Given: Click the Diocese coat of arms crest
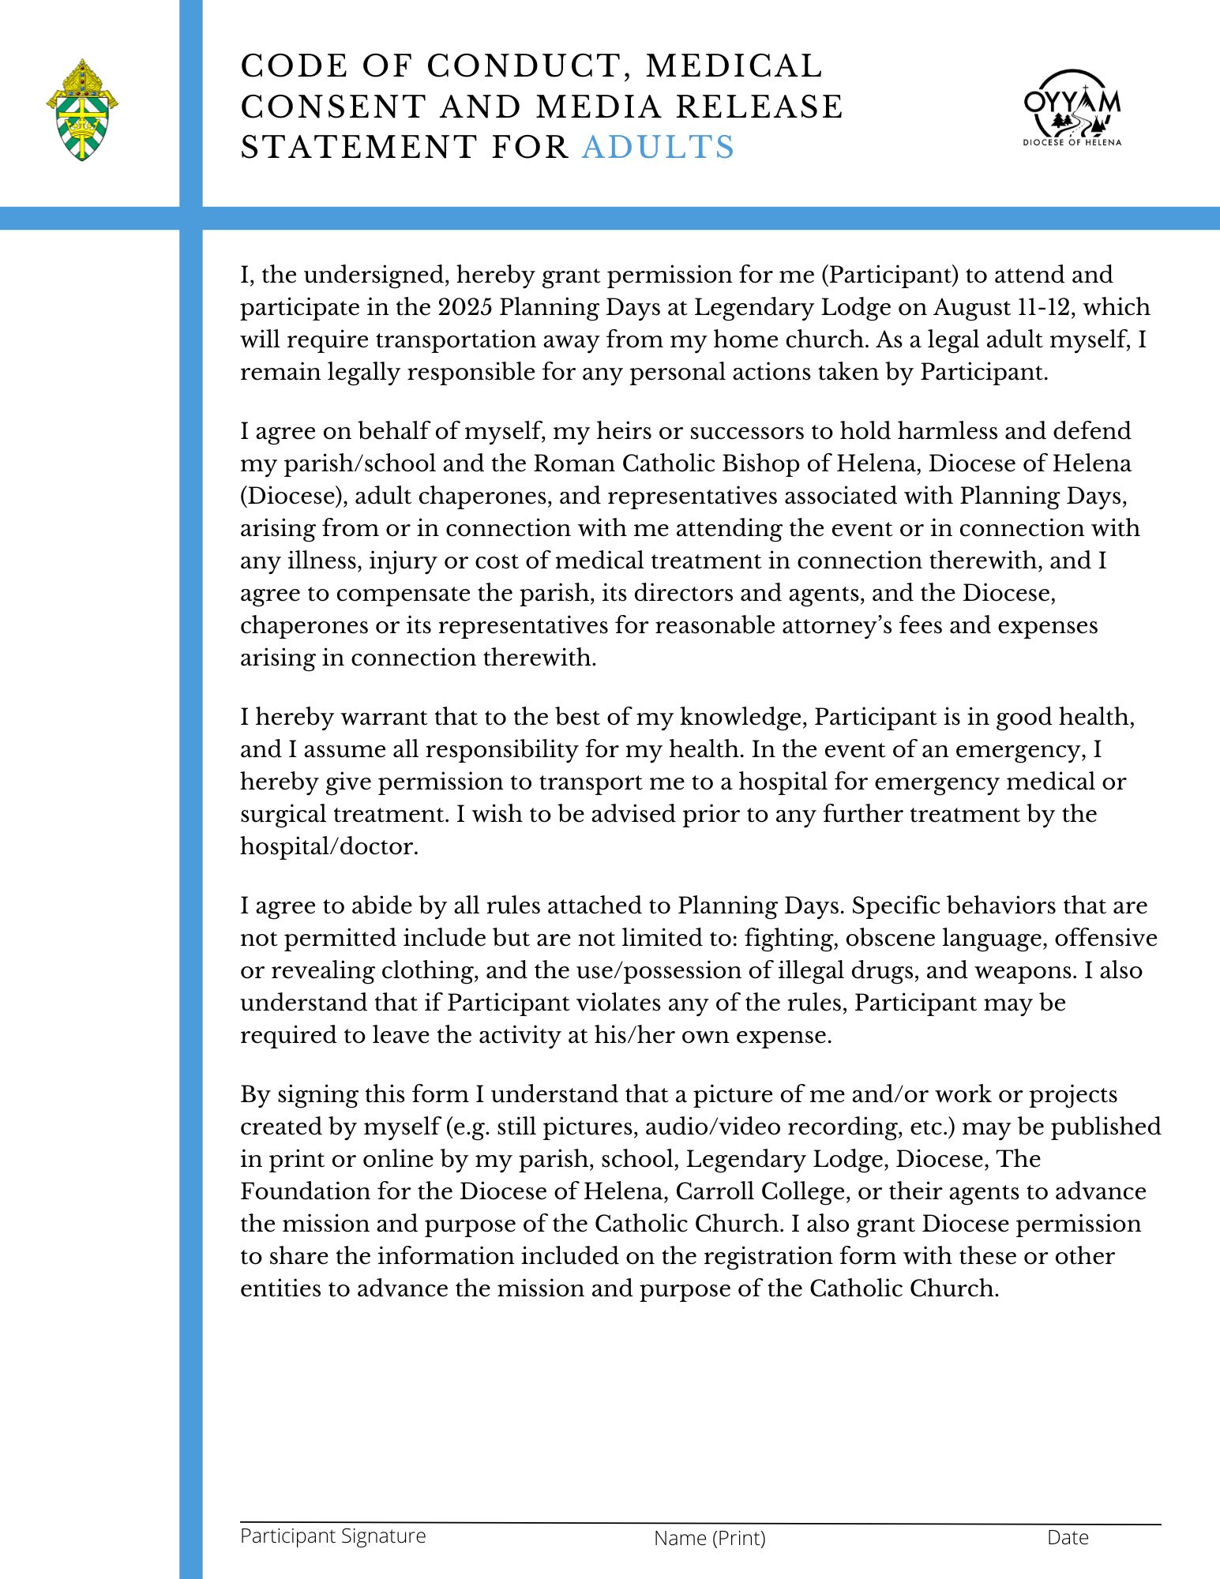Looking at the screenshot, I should tap(82, 111).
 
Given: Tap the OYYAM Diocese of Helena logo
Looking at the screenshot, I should tap(1072, 108).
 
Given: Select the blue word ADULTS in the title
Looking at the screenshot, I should tap(658, 148).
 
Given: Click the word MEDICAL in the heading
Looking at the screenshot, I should tap(734, 66).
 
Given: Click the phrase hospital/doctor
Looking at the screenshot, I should tap(328, 847).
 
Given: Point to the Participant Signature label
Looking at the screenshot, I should tap(332, 1536).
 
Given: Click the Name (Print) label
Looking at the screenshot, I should tap(709, 1538).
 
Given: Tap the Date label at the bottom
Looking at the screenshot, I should tap(1068, 1537).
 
